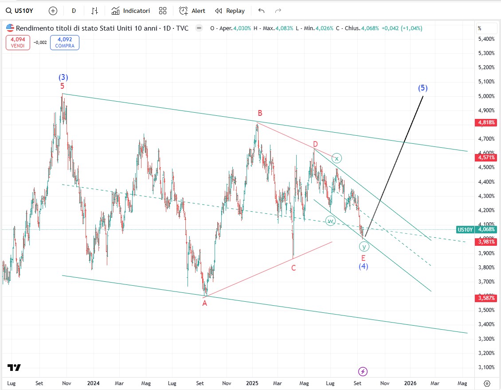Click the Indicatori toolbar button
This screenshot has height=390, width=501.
point(131,11)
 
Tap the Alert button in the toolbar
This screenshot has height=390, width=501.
point(192,11)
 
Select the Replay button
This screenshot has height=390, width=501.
point(230,11)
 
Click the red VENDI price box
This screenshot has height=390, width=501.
point(18,43)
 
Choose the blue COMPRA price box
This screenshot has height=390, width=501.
point(65,43)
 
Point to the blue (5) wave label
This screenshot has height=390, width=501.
point(423,88)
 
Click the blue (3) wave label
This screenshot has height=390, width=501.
point(63,77)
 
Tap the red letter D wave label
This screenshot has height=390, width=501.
point(315,144)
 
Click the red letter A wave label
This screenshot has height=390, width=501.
point(205,303)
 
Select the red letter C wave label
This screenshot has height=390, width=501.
point(294,268)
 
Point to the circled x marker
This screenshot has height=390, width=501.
point(337,158)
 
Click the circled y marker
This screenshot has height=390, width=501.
point(364,247)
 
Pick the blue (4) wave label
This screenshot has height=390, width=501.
point(364,266)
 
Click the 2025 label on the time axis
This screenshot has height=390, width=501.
point(252,383)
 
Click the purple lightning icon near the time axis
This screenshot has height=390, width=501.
point(363,371)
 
